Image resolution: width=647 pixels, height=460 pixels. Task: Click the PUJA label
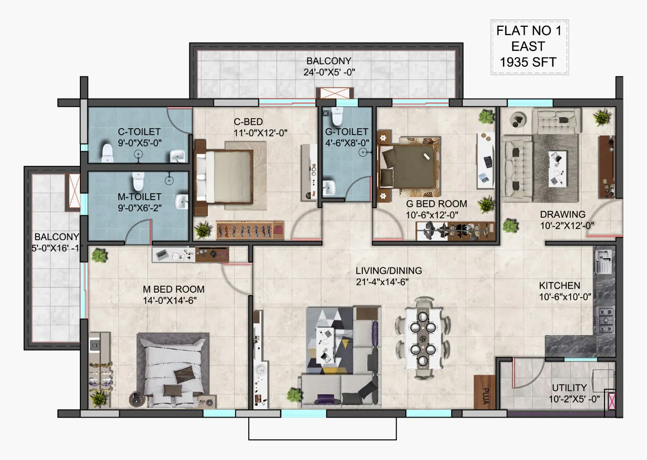tap(486, 396)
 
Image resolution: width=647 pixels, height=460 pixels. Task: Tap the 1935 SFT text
tap(528, 62)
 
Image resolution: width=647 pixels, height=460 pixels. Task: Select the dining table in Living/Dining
tap(423, 339)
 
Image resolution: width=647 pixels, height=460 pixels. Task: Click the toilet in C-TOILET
tap(107, 153)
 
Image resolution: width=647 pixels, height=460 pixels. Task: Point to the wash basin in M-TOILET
tap(181, 201)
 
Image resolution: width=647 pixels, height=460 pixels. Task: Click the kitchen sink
tap(603, 261)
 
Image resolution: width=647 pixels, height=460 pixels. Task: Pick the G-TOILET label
tap(347, 132)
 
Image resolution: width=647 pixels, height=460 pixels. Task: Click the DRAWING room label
tap(563, 214)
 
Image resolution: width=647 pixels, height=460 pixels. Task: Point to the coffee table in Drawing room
tap(558, 168)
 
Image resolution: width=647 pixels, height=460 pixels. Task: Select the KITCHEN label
tap(560, 286)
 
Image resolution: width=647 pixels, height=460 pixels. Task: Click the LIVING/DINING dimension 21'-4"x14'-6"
tap(382, 282)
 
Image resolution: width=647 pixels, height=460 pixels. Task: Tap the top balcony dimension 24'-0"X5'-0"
tap(329, 72)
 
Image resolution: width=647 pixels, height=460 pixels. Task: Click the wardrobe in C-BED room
tap(250, 231)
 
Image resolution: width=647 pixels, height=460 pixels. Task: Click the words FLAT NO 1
tap(529, 31)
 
